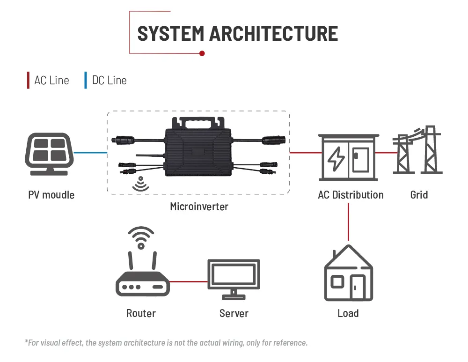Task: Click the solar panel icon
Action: tap(49, 153)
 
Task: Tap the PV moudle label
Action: tap(51, 194)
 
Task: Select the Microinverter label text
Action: tap(199, 207)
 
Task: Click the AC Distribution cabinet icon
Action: tap(348, 157)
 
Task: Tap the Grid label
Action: tap(419, 194)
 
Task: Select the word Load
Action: tap(348, 313)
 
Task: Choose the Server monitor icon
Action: tap(234, 279)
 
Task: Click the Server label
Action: tap(234, 313)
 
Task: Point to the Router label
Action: tap(141, 313)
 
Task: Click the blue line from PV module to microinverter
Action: tap(90, 153)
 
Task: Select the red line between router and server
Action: tap(188, 282)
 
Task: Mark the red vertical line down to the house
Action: tap(349, 222)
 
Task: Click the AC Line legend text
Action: tap(51, 81)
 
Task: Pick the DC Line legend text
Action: tap(109, 81)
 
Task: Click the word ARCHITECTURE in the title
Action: tap(273, 34)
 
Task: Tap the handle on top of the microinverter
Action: tap(197, 123)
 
